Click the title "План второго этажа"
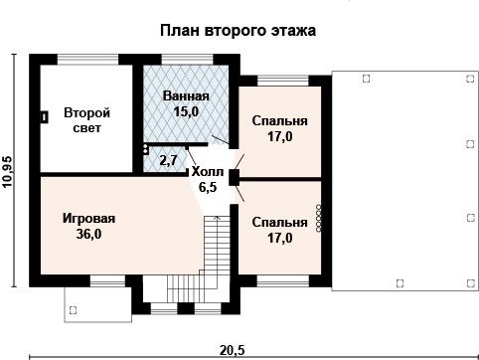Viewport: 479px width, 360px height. pos(238,31)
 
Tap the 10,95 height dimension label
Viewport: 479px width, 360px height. pos(7,172)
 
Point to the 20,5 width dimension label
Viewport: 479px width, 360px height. pos(232,350)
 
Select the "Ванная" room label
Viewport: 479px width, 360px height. pos(186,96)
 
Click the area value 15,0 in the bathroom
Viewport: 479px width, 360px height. pos(186,111)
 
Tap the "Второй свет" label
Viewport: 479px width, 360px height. pos(86,120)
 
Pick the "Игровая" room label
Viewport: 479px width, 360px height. pos(89,219)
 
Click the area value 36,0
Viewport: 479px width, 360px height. pos(89,234)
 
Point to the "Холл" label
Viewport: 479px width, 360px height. pos(208,172)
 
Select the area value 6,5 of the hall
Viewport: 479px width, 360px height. pos(208,187)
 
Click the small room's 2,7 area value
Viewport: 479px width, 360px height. pos(169,160)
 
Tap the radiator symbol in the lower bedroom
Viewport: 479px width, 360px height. pos(319,219)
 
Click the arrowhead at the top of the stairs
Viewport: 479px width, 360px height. pos(218,218)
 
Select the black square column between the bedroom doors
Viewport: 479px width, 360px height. pos(235,177)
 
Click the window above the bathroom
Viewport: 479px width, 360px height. pos(187,60)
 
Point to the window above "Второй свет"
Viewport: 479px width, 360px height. pos(87,60)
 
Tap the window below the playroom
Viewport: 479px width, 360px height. pos(107,281)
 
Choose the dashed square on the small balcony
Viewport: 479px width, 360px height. pos(73,310)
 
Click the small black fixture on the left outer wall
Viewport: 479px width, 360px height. pos(44,117)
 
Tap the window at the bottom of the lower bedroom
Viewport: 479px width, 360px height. pos(283,281)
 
